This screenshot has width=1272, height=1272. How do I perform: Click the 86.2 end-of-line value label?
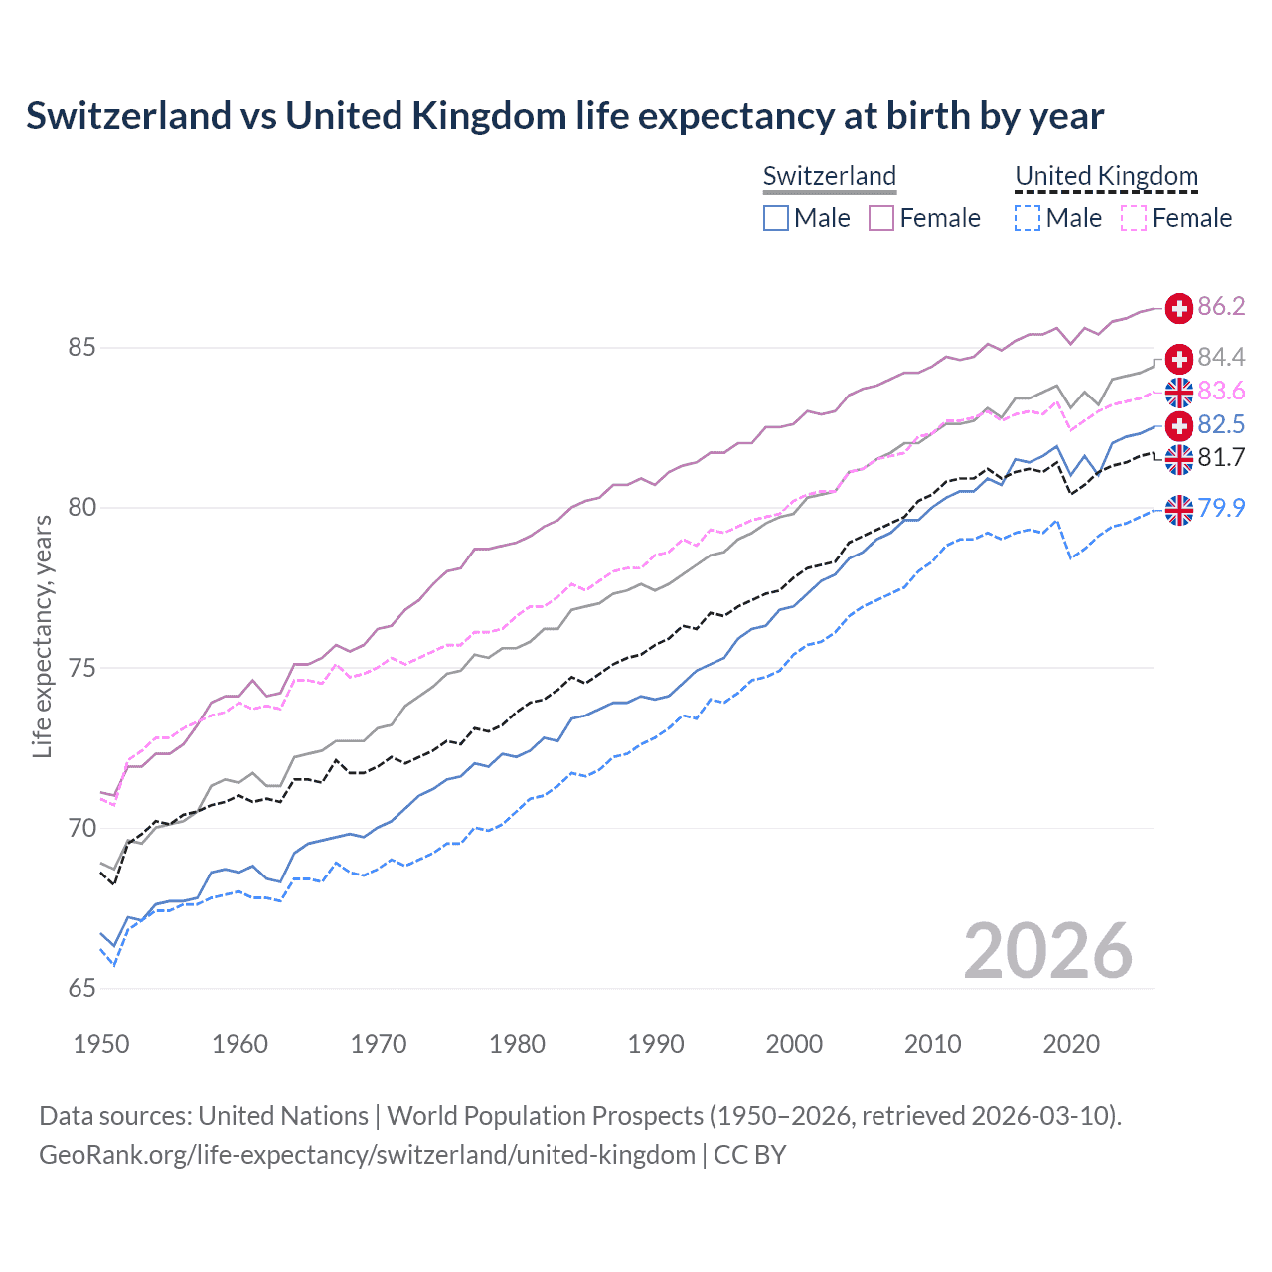click(1221, 306)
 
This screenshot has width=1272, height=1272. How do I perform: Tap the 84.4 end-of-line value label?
click(1221, 357)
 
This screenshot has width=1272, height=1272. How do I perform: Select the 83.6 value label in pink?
click(1221, 391)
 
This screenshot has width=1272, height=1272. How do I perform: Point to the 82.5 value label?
click(1221, 424)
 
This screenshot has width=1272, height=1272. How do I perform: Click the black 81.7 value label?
click(1221, 457)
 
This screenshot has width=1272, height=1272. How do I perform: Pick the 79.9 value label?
click(1221, 508)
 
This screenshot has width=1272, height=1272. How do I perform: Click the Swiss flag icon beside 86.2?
click(1179, 308)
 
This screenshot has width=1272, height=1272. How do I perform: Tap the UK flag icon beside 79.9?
click(1179, 510)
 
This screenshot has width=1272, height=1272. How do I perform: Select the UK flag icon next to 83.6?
click(1179, 393)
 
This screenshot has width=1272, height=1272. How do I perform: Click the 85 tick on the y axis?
click(81, 348)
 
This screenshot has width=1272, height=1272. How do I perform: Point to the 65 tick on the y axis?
click(81, 988)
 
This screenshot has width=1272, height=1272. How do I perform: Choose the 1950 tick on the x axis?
click(101, 1044)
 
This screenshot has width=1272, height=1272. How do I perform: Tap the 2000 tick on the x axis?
click(794, 1044)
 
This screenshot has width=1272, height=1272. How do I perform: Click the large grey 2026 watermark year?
click(1047, 951)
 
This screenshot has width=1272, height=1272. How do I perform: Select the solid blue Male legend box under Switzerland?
click(776, 218)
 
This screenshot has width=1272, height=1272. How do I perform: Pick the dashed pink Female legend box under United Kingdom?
click(1134, 218)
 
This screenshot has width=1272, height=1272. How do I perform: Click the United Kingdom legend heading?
click(1106, 176)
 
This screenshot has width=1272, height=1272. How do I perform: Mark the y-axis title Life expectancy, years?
click(42, 636)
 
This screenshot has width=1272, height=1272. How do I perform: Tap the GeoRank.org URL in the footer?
click(367, 1154)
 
